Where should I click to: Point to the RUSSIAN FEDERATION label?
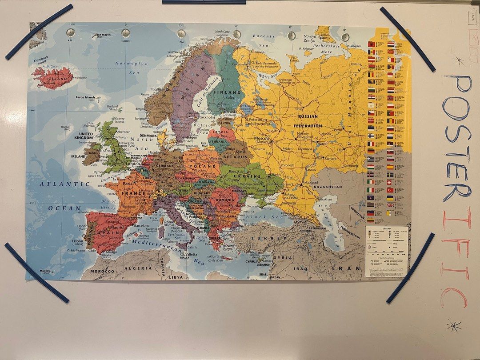pos(310,121)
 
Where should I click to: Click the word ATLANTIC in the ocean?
pos(59,184)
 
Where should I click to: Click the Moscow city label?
pos(262,139)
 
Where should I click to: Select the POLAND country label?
pos(198,166)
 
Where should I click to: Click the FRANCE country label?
pos(133,193)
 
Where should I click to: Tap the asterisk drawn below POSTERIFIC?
pos(453,327)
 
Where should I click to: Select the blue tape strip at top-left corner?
pos(39,32)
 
